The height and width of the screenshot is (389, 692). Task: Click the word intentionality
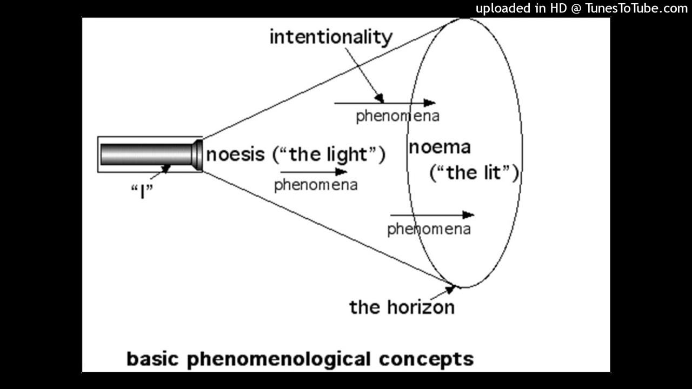tap(330, 37)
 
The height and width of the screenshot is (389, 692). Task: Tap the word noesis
tap(235, 155)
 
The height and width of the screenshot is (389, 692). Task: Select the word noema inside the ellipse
tap(440, 147)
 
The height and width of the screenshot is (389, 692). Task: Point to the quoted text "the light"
tap(329, 155)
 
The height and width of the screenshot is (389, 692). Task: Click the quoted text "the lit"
tap(474, 173)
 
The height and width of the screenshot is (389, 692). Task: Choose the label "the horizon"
tap(402, 307)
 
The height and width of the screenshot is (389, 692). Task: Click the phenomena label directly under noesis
tap(316, 185)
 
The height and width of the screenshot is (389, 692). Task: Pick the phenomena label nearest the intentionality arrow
tap(397, 116)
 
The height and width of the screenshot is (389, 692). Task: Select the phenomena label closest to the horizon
tap(429, 229)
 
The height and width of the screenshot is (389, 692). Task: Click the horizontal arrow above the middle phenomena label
tap(314, 172)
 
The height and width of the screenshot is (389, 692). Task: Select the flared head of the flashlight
tap(197, 155)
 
